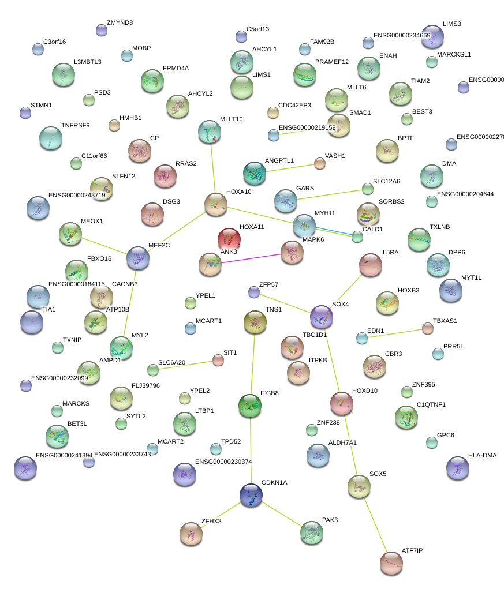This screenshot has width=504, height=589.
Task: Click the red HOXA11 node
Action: coord(229,238)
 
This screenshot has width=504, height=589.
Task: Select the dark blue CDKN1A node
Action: coord(251,495)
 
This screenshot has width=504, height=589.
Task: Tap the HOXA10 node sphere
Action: coord(216,204)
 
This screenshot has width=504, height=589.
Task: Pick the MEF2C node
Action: coord(138,258)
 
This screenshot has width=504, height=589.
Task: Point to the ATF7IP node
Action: coord(391,562)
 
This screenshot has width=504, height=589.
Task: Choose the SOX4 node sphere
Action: coord(322,316)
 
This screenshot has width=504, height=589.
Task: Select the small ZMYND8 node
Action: coord(102,30)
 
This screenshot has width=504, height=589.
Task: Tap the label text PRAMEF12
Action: coord(332,62)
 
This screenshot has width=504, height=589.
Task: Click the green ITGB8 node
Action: coord(250,405)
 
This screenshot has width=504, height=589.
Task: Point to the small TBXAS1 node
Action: coord(427,328)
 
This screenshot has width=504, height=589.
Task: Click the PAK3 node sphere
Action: coord(312,532)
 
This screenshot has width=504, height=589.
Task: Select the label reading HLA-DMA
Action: coord(482,456)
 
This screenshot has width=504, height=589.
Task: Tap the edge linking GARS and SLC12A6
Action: coord(333,194)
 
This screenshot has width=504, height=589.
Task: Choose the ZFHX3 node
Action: coord(191,534)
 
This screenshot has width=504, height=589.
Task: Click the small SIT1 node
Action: coord(218,360)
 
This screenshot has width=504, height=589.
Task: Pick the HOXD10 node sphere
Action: coord(341,403)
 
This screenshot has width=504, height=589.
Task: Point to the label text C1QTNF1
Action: coord(431,405)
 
